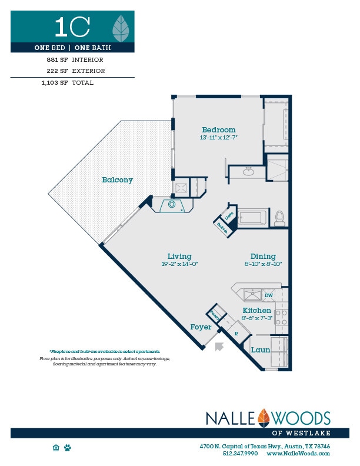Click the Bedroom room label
[218, 130]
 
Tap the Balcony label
[117, 180]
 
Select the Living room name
[179, 256]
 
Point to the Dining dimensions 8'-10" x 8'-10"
[263, 264]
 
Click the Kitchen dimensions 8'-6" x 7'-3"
[257, 318]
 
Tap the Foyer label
[201, 327]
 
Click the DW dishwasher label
[268, 295]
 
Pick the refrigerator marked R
[236, 332]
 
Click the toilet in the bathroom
[279, 218]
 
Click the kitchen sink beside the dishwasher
[253, 295]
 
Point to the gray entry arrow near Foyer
[220, 347]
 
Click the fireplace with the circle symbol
[172, 205]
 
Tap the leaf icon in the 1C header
[121, 26]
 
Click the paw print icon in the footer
[68, 448]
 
